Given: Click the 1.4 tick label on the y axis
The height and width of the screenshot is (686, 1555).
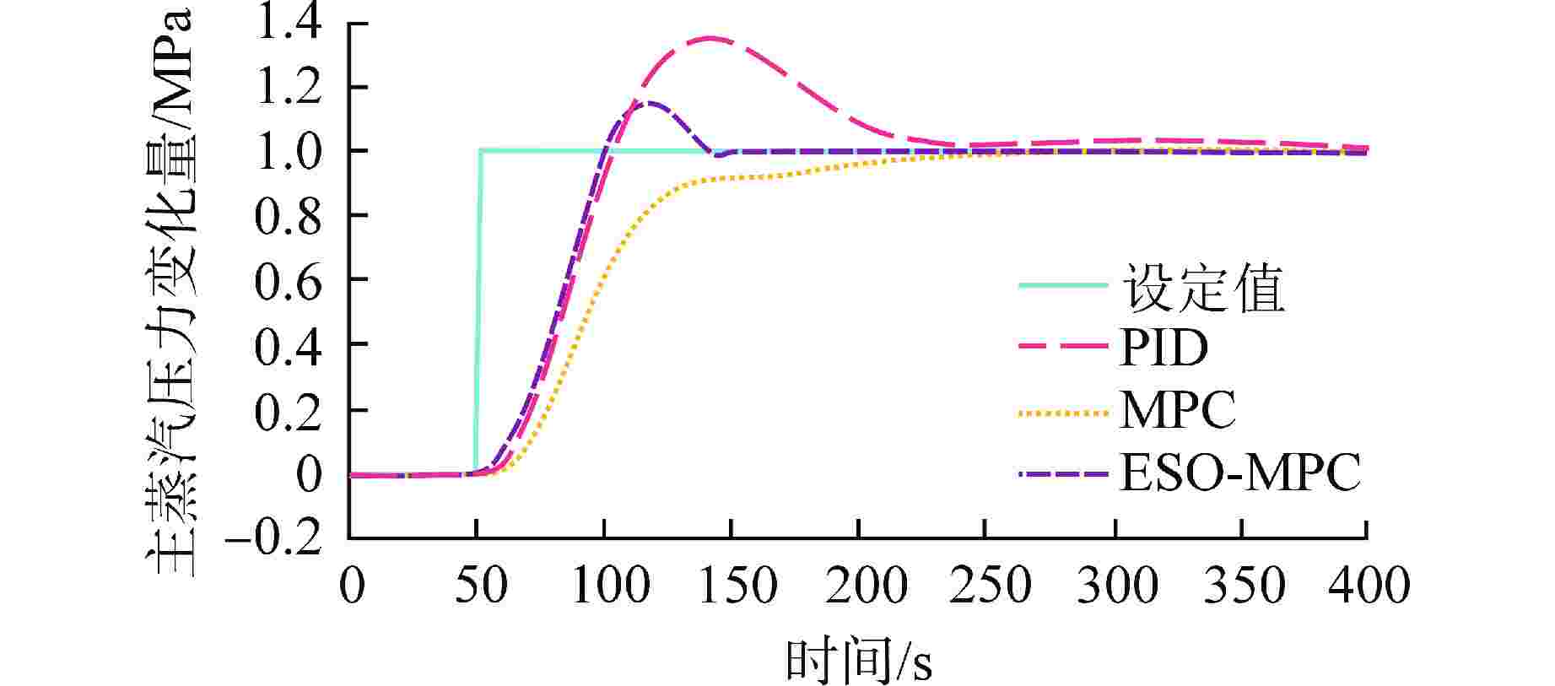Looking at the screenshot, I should tap(289, 22).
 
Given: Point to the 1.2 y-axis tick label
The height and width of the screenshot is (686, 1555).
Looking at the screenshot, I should tap(289, 87).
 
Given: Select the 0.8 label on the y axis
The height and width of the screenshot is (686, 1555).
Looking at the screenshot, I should tap(289, 216).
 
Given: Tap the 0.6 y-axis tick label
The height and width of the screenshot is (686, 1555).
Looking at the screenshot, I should tap(289, 280).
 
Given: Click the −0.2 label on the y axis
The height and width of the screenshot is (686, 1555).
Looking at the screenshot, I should tap(274, 538).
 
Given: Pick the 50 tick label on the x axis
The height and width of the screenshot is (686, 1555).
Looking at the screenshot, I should tap(478, 585).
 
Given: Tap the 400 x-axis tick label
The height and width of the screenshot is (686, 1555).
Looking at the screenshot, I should tap(1367, 585).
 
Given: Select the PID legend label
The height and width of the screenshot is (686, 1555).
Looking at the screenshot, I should tap(1164, 348).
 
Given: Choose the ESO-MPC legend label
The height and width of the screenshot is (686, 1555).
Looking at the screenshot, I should tap(1240, 473).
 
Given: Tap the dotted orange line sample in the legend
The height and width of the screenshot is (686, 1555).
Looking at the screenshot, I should tap(1062, 413).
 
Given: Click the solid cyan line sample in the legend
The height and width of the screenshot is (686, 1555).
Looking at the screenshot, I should tap(1062, 285).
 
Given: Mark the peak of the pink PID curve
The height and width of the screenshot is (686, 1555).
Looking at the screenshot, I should tap(710, 38).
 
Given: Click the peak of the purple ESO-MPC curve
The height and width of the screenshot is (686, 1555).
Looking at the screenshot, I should tap(650, 103).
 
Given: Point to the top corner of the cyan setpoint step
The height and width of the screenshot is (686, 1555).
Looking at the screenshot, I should tap(481, 150).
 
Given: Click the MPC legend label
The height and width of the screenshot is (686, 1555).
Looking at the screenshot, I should tap(1178, 411).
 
